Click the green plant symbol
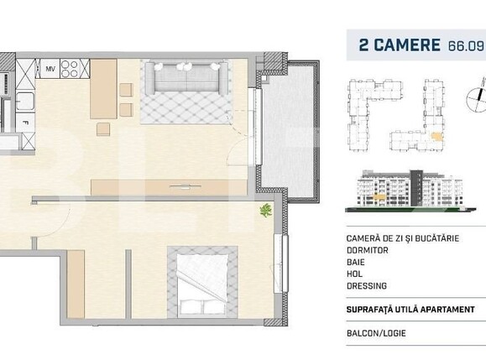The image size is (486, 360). [265, 211]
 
